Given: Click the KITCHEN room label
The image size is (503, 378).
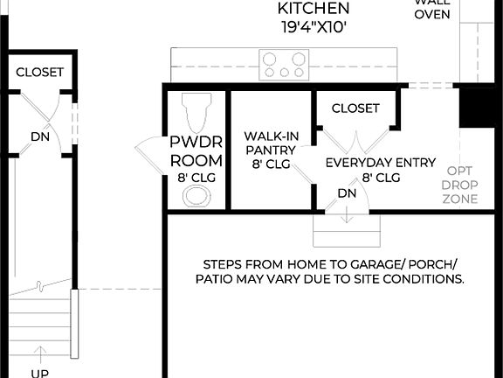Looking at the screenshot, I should click(314, 9).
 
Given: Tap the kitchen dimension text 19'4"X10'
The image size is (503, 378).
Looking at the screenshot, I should click(314, 27).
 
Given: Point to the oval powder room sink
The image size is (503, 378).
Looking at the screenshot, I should click(197, 194).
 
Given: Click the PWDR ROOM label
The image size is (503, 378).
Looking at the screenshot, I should click(196, 151).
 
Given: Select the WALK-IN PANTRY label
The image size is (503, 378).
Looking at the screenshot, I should click(269, 143).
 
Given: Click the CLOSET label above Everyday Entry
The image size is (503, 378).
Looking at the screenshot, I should click(355, 108).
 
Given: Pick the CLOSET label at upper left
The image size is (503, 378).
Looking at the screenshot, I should click(39, 72).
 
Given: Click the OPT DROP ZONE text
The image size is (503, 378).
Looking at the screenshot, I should click(460, 185).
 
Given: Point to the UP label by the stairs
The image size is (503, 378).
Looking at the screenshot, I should click(39, 372).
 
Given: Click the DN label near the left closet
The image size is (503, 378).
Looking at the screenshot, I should click(39, 136).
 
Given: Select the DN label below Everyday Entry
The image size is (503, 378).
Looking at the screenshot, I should click(347, 192).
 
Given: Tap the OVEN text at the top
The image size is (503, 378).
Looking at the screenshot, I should click(432, 15).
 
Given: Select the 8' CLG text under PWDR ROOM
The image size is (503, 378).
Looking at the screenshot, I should click(196, 178).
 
